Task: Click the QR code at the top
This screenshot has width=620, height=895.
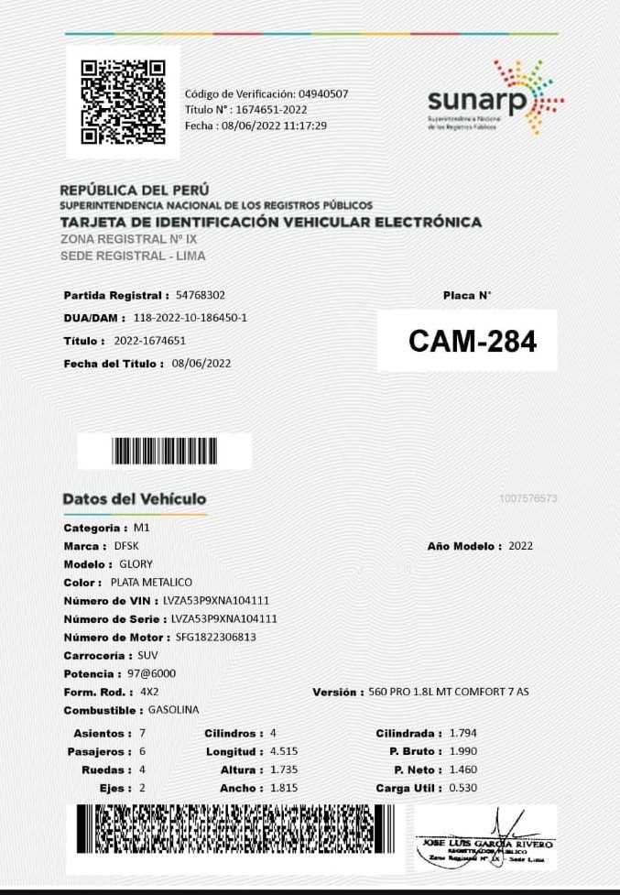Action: pyautogui.click(x=123, y=102)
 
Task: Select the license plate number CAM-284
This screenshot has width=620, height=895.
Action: pyautogui.click(x=472, y=341)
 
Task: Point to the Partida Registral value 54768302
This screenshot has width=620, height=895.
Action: pyautogui.click(x=201, y=295)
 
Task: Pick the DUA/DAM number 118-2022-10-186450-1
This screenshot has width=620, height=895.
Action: pyautogui.click(x=190, y=318)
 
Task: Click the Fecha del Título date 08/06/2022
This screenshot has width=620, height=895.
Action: pyautogui.click(x=201, y=364)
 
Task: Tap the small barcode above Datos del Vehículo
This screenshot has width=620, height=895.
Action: pyautogui.click(x=165, y=451)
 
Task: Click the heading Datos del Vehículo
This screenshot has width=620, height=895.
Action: pyautogui.click(x=134, y=499)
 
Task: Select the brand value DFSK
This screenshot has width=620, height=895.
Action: pyautogui.click(x=126, y=546)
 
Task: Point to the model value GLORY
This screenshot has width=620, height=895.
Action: pyautogui.click(x=136, y=564)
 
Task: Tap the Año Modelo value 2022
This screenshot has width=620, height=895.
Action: pyautogui.click(x=520, y=546)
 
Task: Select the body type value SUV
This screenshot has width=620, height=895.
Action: pyautogui.click(x=147, y=656)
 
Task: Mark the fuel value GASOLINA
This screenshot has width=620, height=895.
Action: pyautogui.click(x=174, y=710)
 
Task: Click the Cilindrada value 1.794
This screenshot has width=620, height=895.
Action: pyautogui.click(x=462, y=733)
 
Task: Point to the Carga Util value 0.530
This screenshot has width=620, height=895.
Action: pyautogui.click(x=462, y=788)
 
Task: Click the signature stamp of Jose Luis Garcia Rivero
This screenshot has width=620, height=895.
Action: pyautogui.click(x=485, y=838)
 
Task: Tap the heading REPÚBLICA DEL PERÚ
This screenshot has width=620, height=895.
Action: pyautogui.click(x=135, y=191)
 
